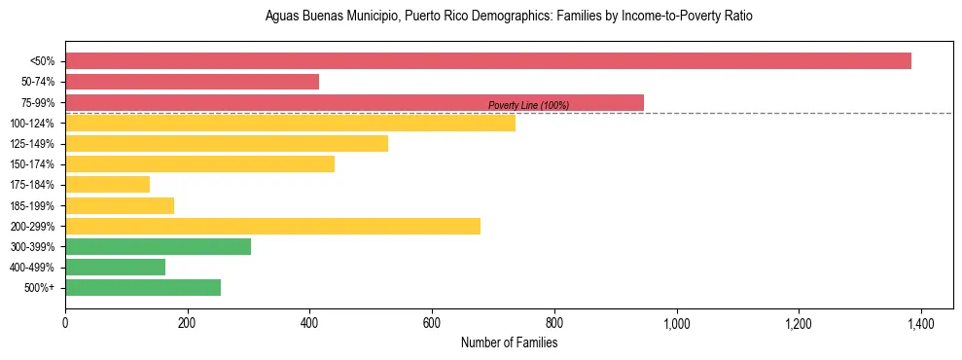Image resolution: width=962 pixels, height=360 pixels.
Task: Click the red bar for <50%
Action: pos(487,61)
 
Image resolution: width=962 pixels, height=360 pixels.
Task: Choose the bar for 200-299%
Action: pos(272,226)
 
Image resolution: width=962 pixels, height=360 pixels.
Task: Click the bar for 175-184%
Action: pos(107,184)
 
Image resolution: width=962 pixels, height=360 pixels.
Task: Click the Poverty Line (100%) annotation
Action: pos(528,105)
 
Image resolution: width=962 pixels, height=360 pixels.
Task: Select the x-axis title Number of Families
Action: pos(509,343)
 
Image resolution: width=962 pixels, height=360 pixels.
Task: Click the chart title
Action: pos(509,17)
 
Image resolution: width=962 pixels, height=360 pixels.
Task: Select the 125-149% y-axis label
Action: pos(33,144)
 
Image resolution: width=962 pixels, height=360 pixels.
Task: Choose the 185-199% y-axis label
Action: pos(33,205)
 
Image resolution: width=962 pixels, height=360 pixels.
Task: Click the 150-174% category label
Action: pos(33,164)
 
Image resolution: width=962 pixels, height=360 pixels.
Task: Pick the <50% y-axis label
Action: pos(42,61)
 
